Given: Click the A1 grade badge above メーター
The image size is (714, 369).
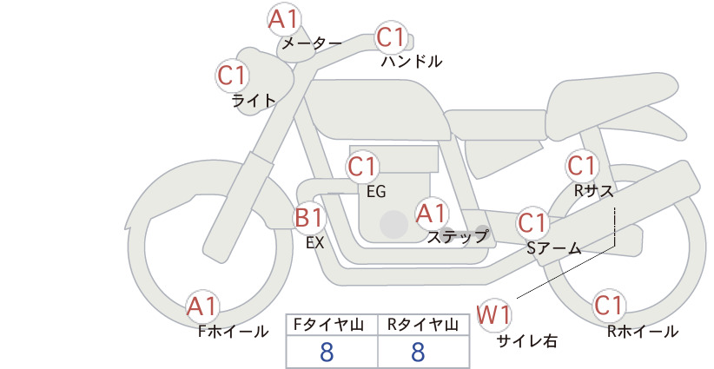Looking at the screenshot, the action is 283,20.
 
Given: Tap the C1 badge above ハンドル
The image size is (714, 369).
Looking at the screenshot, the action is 391,37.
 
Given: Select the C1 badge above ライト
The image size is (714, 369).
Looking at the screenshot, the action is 232,76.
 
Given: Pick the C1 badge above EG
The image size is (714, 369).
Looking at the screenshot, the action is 363,167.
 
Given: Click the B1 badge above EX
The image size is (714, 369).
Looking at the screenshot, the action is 309,218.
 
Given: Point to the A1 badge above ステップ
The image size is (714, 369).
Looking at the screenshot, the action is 432,214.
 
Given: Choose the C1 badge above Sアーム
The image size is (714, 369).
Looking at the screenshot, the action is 532,223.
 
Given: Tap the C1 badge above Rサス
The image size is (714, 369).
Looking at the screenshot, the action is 582,166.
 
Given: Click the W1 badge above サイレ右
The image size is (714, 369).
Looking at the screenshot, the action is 494,315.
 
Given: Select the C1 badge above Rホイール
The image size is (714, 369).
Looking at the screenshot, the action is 608,306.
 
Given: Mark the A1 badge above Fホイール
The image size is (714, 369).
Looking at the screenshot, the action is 202,307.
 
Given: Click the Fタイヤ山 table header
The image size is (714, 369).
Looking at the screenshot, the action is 328,325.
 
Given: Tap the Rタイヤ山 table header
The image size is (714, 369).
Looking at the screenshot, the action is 423,325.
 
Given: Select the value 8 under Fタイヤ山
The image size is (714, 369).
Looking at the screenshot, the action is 327,352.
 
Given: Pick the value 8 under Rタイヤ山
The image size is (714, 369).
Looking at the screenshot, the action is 418,352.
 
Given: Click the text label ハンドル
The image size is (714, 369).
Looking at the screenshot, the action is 412,61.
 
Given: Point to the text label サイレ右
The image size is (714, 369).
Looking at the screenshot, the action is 527,341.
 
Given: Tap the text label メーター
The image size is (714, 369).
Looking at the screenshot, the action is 312,43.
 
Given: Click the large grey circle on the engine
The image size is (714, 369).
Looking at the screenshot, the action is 393,224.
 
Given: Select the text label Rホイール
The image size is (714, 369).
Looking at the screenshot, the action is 643,332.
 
